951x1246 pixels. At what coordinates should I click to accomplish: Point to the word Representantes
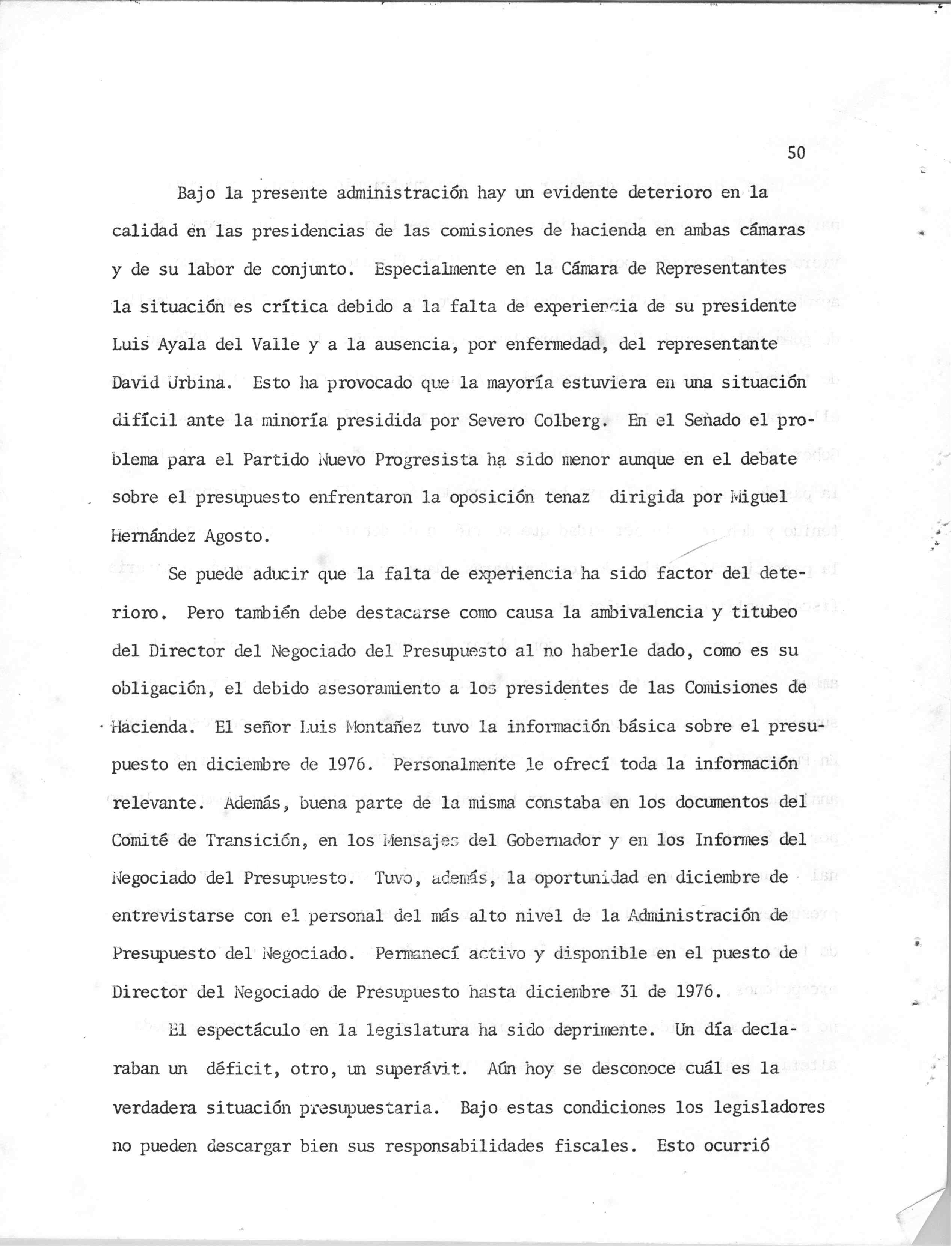(721, 268)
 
